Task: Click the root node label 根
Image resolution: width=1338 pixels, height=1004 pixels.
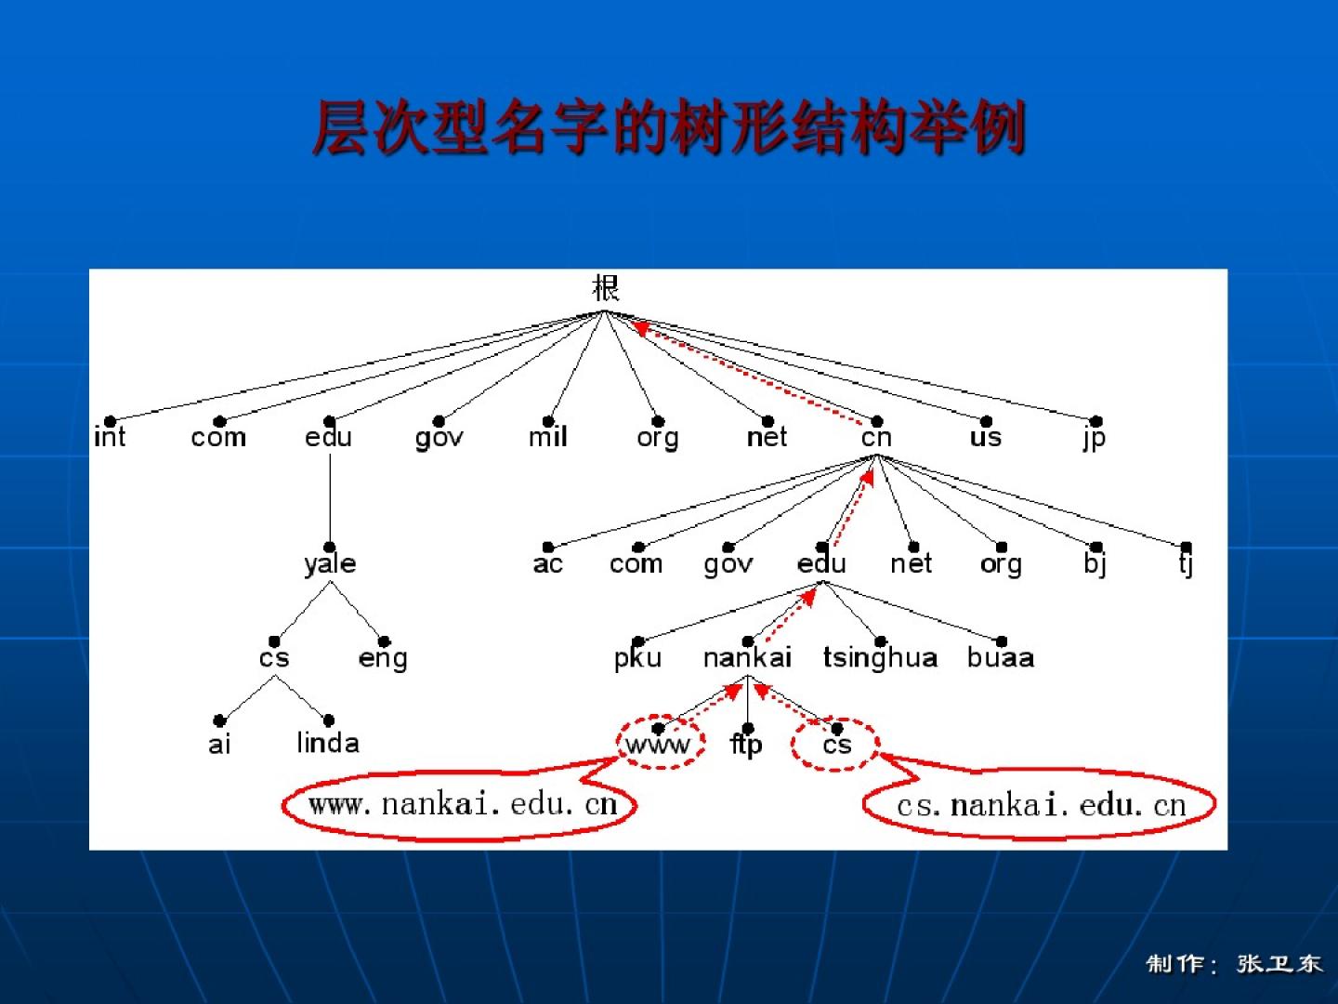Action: tap(605, 288)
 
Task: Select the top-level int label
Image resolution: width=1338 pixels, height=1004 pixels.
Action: tap(110, 437)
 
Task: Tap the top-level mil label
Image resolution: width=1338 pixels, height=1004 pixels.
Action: tap(547, 437)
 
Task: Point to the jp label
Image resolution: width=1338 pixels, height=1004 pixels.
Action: tap(1095, 439)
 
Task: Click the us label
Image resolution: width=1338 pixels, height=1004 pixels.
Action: tap(986, 438)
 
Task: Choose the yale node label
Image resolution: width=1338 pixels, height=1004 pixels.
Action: tap(330, 564)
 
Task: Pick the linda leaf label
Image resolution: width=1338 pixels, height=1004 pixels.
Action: tap(328, 743)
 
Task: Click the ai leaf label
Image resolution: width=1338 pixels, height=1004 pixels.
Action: tap(219, 745)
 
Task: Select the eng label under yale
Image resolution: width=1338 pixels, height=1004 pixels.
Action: tap(383, 659)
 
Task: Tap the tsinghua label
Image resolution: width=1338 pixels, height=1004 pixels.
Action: tap(880, 658)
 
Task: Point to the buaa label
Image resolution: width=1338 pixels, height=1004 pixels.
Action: tap(1001, 658)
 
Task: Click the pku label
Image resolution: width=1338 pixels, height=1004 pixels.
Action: tap(637, 659)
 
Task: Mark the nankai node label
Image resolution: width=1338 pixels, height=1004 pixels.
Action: tap(747, 658)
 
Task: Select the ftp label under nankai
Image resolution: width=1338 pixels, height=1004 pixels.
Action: tap(747, 745)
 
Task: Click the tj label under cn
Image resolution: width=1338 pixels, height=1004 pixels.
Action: tap(1186, 563)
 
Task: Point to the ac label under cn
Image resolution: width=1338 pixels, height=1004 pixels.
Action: tap(547, 564)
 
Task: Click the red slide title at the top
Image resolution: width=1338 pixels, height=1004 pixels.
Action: tap(669, 126)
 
